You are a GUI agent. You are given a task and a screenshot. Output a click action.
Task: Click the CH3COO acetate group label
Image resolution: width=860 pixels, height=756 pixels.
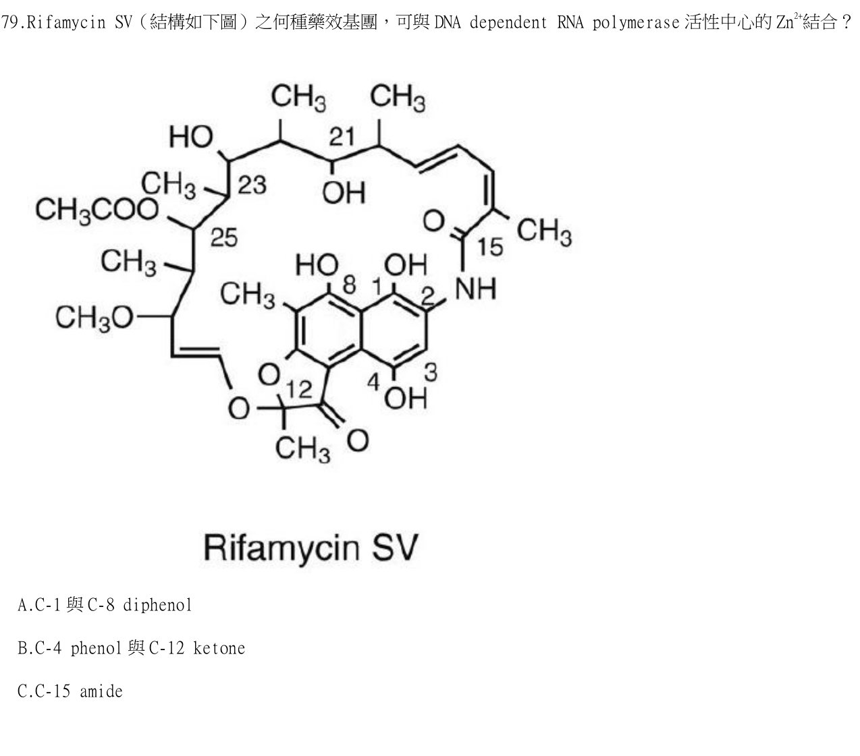97,210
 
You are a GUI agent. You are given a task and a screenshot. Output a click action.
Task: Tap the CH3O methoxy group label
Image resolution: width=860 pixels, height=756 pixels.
94,318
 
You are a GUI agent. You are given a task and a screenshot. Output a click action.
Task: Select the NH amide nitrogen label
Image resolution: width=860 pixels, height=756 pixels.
475,289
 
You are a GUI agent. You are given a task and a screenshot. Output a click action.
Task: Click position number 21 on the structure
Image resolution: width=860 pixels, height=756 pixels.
342,137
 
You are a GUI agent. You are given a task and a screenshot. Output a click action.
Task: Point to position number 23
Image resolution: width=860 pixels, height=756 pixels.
252,185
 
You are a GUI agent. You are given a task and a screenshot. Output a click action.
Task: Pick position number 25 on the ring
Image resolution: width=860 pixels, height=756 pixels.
223,237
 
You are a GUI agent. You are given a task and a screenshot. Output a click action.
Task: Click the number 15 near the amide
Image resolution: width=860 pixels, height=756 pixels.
490,247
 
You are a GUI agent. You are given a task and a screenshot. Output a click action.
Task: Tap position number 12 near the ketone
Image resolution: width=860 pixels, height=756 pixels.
299,390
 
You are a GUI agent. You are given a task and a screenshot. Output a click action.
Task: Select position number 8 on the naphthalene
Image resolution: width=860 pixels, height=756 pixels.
349,285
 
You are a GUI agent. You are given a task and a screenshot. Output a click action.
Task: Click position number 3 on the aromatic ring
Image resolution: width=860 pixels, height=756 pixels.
431,373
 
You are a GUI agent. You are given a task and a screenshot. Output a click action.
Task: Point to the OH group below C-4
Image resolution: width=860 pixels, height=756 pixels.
406,399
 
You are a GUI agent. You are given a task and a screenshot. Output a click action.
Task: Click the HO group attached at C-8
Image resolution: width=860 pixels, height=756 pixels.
317,265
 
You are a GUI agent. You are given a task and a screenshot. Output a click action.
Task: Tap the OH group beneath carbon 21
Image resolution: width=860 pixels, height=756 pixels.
344,193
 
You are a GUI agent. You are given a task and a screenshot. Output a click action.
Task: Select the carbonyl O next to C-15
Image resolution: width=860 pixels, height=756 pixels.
433,221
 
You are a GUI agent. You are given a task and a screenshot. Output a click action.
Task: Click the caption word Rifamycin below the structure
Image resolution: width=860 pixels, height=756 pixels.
281,548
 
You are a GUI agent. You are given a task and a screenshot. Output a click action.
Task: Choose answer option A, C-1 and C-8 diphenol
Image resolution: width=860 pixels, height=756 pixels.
105,605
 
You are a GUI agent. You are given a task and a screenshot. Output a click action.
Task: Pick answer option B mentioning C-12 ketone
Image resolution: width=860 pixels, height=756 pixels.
131,648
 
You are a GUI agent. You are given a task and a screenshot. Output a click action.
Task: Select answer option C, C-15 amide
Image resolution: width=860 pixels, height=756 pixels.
70,691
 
